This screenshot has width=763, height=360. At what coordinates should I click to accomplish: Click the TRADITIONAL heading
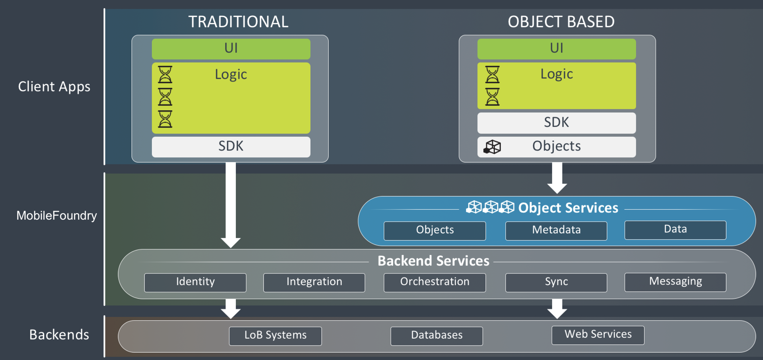coord(238,22)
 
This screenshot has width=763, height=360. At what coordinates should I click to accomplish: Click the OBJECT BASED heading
coord(561,22)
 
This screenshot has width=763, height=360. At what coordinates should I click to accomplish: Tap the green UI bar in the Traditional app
coord(231,49)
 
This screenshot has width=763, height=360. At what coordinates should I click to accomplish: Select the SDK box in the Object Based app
coord(556,122)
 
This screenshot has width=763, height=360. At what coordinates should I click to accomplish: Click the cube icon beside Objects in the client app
coord(492,147)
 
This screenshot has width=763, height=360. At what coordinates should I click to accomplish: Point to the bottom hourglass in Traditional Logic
coord(165,119)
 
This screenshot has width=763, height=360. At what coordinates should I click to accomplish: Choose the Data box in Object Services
coord(675,230)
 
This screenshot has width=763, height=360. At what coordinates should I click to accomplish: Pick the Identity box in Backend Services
coord(195,282)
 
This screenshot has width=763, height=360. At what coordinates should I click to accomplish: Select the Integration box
coord(314,282)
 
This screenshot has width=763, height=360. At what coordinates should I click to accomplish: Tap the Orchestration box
coord(435,282)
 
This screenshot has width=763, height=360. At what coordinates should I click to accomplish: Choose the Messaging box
coord(675,282)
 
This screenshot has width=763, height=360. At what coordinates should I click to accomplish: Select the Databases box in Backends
coord(436,335)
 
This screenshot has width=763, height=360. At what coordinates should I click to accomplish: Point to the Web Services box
coord(598,335)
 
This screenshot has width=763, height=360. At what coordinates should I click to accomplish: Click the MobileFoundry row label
coord(56,215)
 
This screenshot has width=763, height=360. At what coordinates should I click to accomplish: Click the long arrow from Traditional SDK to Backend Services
coord(231,204)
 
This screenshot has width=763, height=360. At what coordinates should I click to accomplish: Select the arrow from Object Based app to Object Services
coord(557,178)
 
